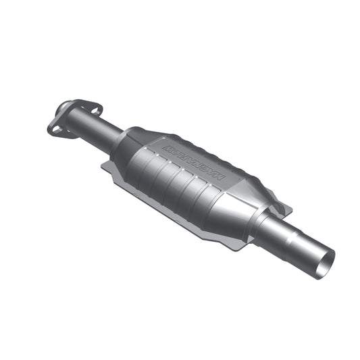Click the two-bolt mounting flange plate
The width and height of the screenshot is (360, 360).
pyautogui.click(x=72, y=117)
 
